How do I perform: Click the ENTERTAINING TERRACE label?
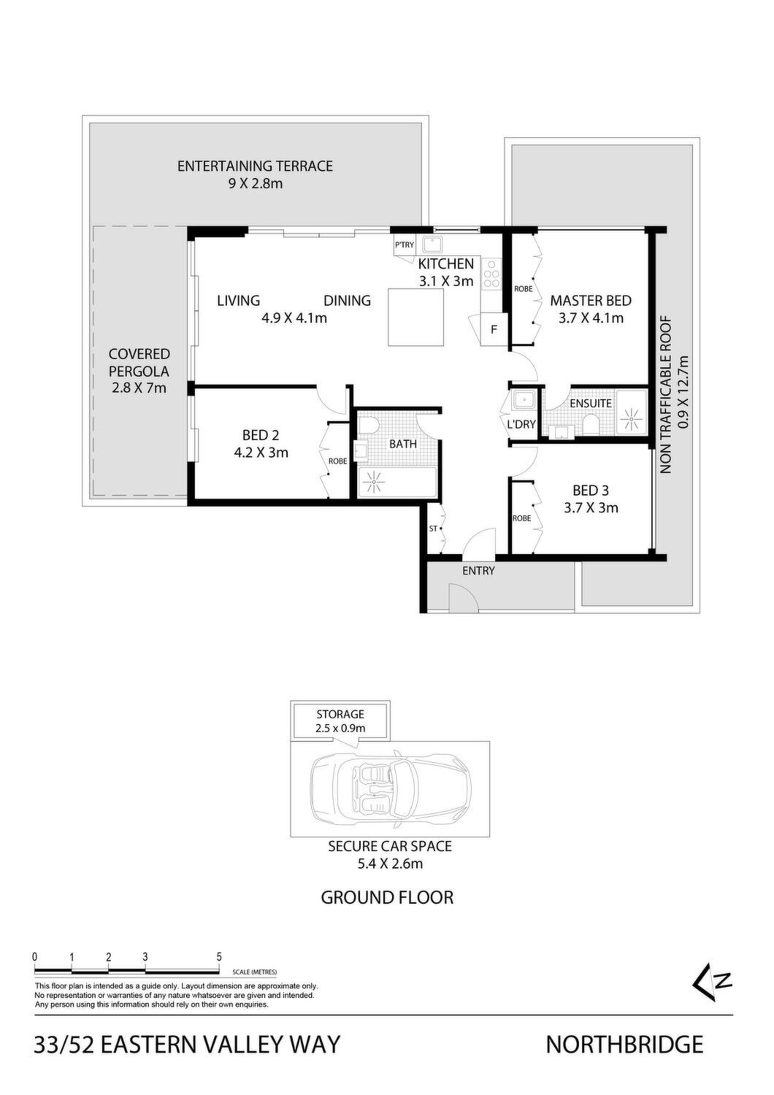coord(255,166)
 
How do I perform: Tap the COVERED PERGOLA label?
coord(139,362)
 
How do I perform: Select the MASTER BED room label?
coord(591,300)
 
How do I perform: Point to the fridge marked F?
coord(494,329)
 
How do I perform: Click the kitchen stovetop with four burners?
coord(491,274)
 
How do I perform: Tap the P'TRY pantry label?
coord(405,245)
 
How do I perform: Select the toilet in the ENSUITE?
coord(591,425)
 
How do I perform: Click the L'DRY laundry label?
coord(521,424)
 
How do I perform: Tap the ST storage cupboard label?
coord(433,529)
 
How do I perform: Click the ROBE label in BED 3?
coord(521,518)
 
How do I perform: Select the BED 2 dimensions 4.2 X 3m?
coord(261,453)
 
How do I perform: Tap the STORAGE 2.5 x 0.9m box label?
coord(340,721)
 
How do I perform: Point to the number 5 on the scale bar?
coord(219,956)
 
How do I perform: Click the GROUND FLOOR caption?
coord(387,897)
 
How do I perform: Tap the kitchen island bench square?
coord(415,318)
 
